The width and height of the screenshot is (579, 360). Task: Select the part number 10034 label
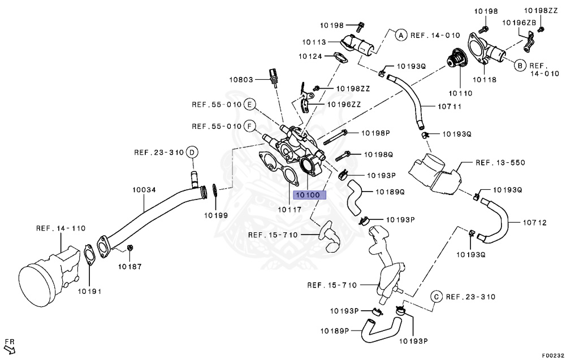coord(144,190)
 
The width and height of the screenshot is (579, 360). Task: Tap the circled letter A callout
coord(400,35)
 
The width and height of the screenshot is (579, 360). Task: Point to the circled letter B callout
coord(518,65)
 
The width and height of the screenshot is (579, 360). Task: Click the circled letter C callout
coord(436,297)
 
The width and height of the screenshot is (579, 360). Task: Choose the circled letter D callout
coord(192,152)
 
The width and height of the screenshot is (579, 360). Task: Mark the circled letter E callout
coord(249,105)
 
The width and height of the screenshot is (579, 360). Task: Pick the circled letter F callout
coord(249,126)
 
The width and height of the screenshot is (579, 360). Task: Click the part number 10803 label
coord(241,80)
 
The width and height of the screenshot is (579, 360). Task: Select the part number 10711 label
coord(450,106)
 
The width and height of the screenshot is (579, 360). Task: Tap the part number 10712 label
coord(534,223)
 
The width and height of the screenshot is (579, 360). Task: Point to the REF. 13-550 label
coord(500,163)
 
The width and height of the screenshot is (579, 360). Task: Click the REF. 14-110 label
coord(61,228)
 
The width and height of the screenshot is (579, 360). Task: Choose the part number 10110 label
coord(460,92)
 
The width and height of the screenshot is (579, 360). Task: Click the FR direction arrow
coord(10,346)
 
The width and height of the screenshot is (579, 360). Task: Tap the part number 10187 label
coord(129,266)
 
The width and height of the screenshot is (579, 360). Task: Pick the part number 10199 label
coord(216,215)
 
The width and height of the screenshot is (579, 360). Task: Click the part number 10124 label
coord(310,56)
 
